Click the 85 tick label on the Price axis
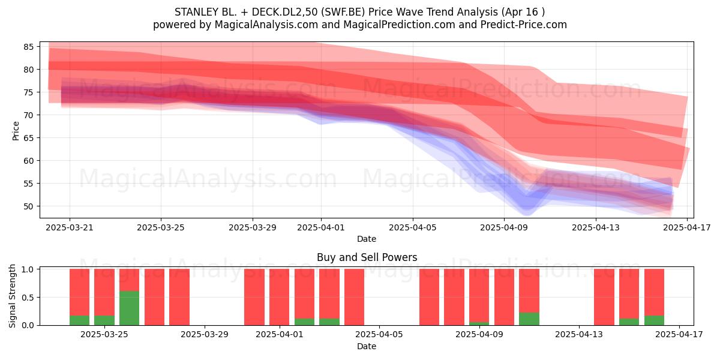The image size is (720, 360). [28, 47]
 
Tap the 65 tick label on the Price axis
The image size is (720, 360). [28, 138]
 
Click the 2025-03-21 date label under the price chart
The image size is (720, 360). [70, 227]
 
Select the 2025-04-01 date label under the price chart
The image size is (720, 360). [321, 227]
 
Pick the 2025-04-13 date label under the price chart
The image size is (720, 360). [596, 227]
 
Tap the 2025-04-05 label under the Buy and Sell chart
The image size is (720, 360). [379, 335]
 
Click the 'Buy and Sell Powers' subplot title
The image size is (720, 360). [367, 257]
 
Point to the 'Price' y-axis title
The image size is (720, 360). [16, 131]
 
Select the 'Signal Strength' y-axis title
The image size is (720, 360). [12, 296]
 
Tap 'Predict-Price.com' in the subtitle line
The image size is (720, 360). [524, 25]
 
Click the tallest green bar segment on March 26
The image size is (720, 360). [129, 308]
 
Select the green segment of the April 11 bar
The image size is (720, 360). [529, 319]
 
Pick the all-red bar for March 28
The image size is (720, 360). [179, 297]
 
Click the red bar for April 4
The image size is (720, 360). [354, 297]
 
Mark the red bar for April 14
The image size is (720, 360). [604, 297]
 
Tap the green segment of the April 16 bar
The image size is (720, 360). [654, 320]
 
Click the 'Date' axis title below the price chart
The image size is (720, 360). [367, 239]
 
